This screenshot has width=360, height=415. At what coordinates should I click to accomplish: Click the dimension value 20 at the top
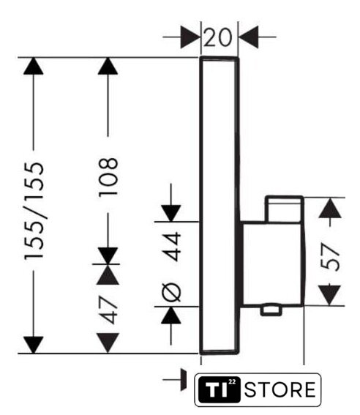218,37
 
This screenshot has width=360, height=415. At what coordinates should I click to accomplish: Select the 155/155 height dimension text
34,211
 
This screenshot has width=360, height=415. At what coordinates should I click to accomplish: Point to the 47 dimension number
108,310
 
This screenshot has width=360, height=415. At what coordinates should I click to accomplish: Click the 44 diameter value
171,247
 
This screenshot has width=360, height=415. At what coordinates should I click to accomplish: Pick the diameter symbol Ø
171,293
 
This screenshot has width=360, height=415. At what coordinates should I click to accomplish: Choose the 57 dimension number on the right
330,257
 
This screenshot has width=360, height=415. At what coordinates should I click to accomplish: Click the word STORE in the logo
280,389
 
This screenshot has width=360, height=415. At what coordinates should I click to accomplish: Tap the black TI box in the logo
220,389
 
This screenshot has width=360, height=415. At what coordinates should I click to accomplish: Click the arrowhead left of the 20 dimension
190,37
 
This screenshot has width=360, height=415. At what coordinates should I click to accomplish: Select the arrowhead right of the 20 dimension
249,37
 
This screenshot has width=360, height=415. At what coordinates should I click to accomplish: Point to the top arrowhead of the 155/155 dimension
34,66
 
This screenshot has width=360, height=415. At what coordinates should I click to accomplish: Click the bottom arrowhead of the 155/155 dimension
34,345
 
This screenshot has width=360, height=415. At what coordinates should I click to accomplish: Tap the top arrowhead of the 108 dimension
108,66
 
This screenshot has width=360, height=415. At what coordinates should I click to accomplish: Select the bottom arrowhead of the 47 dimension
108,343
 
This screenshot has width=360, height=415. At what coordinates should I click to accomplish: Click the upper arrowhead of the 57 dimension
330,208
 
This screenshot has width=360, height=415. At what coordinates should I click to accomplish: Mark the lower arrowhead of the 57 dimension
329,296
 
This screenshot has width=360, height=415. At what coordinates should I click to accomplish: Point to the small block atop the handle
285,209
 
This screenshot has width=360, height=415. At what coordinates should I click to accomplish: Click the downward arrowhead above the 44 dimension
171,213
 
